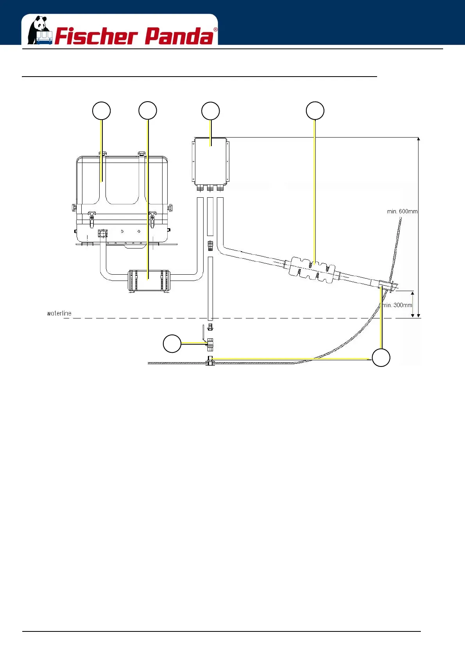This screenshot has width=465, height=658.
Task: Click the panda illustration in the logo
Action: [x=39, y=30]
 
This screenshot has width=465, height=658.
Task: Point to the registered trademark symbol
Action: [x=215, y=30]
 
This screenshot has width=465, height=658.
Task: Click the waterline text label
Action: [x=59, y=313]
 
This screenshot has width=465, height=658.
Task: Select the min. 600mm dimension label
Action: [x=402, y=211]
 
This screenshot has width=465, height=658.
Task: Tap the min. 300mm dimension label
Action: [x=397, y=305]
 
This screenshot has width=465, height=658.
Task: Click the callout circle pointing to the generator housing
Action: [x=101, y=111]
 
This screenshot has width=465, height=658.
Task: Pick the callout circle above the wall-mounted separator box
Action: [x=210, y=111]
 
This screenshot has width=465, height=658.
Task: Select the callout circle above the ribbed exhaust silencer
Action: [x=315, y=111]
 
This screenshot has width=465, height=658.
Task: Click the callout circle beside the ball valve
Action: [x=172, y=343]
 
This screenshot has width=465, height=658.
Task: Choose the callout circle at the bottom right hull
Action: [x=381, y=358]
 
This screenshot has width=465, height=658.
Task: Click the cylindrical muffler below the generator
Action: [x=148, y=281]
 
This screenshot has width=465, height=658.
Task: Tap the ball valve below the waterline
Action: [x=210, y=344]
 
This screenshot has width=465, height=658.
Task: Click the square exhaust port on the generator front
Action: [x=102, y=234]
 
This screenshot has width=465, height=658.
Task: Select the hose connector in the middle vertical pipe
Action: [x=210, y=246]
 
